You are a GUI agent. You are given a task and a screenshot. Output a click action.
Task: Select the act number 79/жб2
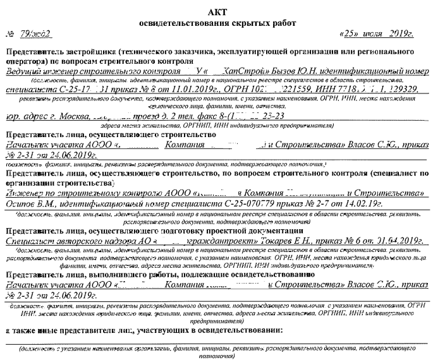[x=29, y=33]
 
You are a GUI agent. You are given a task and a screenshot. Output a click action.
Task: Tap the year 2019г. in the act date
[x=406, y=33]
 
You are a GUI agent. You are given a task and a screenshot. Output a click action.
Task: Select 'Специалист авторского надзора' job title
[x=61, y=240]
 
